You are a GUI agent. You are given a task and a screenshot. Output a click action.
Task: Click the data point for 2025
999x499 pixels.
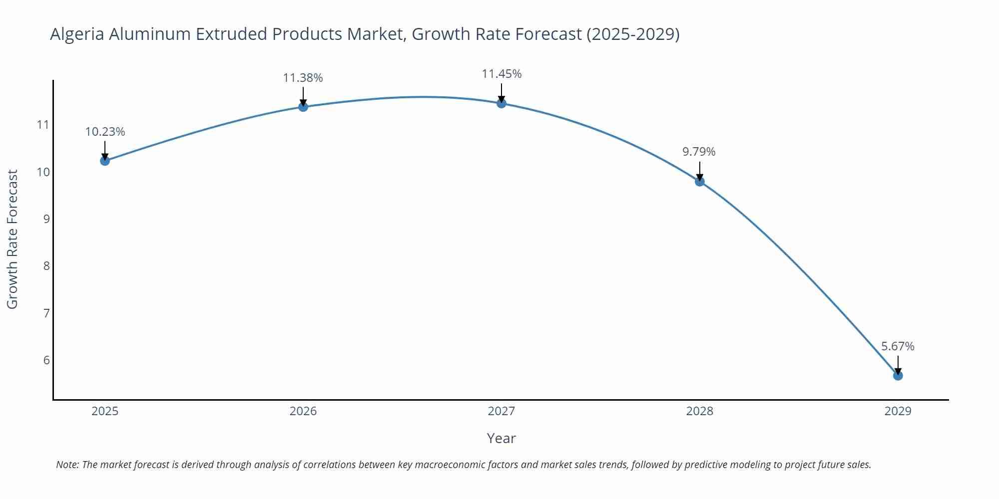(105, 161)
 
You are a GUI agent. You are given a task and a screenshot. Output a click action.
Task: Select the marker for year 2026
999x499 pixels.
(303, 106)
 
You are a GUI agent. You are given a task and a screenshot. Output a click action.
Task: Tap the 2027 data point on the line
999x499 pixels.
(501, 103)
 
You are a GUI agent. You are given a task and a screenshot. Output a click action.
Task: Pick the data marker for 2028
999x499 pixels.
(700, 181)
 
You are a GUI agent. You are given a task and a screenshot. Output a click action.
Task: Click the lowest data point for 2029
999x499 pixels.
(898, 375)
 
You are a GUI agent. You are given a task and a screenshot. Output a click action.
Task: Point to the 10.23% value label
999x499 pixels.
(105, 132)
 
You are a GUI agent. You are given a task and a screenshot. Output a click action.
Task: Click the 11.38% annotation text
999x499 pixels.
(303, 78)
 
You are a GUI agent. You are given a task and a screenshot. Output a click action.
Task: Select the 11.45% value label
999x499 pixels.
(501, 74)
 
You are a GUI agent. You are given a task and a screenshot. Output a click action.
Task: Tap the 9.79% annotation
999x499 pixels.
(699, 152)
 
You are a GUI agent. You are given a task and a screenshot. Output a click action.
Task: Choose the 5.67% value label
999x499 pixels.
(898, 346)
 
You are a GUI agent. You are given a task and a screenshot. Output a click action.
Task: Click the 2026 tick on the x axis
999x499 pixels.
(303, 411)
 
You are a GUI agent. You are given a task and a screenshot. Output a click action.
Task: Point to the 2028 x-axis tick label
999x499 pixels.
(700, 411)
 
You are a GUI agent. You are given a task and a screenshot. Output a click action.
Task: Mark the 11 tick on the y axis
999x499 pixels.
(43, 125)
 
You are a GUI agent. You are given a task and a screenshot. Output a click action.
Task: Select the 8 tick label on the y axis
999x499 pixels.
(46, 266)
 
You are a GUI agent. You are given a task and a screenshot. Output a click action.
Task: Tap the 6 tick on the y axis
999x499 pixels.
(46, 360)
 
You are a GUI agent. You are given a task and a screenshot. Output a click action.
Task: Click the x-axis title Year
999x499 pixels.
(501, 438)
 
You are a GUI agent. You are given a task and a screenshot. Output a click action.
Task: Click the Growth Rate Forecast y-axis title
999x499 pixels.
(12, 239)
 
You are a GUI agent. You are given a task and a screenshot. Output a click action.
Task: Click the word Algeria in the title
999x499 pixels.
(77, 34)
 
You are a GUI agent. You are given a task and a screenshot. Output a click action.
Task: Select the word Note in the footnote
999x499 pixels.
(67, 465)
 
